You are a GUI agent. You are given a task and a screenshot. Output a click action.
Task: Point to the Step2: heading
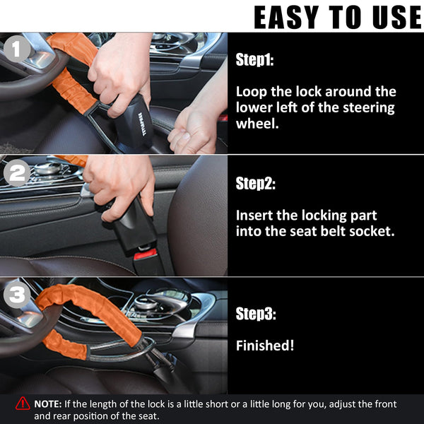[x=255, y=184]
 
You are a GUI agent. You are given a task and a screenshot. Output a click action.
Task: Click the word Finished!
[x=264, y=346]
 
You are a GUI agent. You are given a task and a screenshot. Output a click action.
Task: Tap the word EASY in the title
[x=286, y=17]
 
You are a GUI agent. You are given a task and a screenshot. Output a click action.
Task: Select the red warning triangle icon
[x=23, y=404]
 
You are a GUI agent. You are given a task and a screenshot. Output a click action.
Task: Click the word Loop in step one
[x=250, y=92]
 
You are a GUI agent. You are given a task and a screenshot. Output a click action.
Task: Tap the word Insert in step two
[x=254, y=215]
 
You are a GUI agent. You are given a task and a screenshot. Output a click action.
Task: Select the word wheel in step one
[x=254, y=124]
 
